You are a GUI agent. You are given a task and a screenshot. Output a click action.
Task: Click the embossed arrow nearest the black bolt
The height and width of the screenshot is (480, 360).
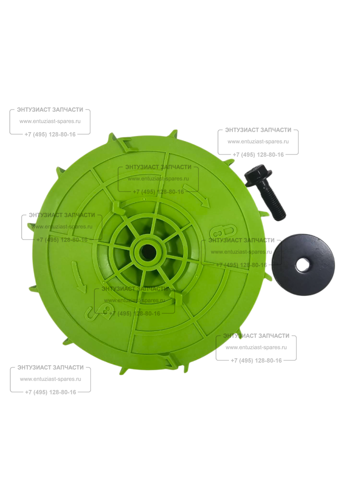pyautogui.click(x=196, y=196)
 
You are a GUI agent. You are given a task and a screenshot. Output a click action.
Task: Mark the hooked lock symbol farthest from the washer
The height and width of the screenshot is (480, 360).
pyautogui.click(x=101, y=312)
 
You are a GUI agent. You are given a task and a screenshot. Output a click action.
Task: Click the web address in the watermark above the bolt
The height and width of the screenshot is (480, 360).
pyautogui.click(x=258, y=142)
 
